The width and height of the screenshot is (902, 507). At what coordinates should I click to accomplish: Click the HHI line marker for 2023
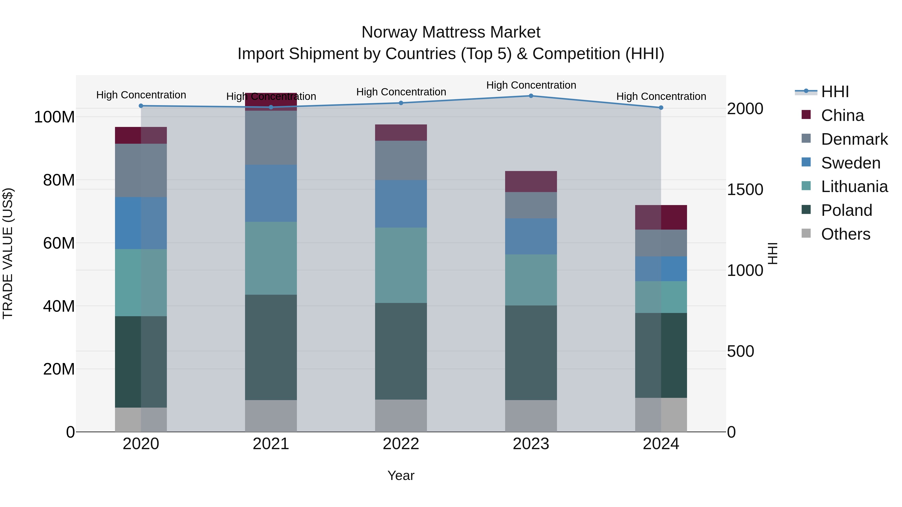point(531,96)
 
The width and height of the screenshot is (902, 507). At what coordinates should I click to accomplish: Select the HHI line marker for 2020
point(141,106)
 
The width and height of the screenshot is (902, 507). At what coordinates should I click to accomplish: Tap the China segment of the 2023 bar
point(531,181)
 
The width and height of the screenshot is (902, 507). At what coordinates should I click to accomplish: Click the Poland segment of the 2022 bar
point(401,351)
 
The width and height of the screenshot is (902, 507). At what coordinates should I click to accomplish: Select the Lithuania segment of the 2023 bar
point(531,280)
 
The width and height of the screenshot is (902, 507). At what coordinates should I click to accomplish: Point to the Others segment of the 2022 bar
point(401,415)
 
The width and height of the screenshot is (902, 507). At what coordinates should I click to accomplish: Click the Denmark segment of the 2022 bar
point(401,160)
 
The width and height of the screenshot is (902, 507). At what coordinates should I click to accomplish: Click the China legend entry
point(842,115)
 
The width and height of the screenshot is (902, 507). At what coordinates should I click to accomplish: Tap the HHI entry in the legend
point(835,92)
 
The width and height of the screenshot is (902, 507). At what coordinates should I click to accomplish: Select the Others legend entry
point(845,234)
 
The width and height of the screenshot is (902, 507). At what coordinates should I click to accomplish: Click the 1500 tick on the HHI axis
point(745,189)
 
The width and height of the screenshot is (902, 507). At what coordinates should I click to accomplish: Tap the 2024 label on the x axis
point(661,444)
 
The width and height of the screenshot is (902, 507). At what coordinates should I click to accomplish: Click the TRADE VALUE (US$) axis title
point(8,253)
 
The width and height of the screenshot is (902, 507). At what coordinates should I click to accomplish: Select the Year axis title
point(401,475)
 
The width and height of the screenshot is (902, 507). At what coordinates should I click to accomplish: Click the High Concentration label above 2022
point(401,92)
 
